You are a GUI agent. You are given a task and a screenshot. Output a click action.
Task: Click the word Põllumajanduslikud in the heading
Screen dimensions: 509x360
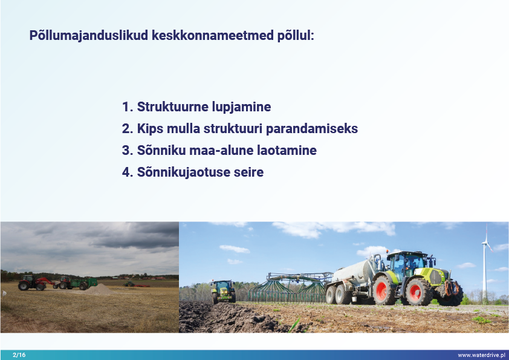click(x=89, y=35)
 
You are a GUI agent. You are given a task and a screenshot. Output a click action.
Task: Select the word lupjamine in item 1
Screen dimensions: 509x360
click(x=242, y=107)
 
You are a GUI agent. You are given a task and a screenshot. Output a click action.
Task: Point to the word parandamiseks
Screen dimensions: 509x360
click(x=312, y=129)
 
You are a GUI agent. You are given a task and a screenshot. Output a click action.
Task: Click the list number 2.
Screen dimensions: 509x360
click(x=127, y=129)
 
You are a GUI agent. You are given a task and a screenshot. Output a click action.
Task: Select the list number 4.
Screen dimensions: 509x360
click(x=127, y=172)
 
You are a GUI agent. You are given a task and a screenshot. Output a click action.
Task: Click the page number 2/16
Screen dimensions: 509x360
click(x=19, y=355)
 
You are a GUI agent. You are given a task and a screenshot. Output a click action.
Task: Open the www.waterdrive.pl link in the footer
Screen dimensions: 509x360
click(x=482, y=355)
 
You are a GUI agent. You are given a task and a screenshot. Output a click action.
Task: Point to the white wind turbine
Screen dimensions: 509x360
click(x=485, y=263)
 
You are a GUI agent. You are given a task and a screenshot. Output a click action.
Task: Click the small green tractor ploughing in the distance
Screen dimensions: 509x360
click(x=223, y=291)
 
